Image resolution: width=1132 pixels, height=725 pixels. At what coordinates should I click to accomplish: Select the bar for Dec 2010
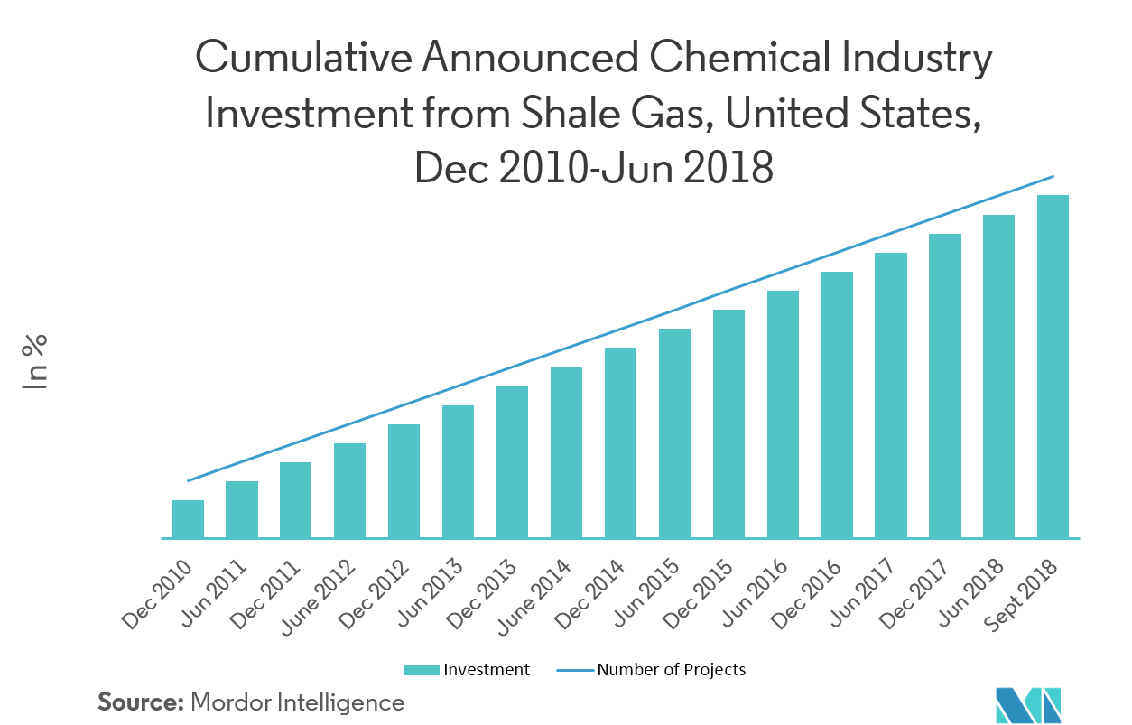188,519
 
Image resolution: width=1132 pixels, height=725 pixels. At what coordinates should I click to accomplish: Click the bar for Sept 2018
1053,367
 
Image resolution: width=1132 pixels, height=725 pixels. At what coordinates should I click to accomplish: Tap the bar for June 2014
566,452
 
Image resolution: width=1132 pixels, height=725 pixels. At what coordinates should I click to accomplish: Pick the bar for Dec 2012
404,481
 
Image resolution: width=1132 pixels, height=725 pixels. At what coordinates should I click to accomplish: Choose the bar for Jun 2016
783,414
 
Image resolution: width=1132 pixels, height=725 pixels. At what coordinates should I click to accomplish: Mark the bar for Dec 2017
944,386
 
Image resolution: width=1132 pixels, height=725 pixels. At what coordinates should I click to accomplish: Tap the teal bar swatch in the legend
422,670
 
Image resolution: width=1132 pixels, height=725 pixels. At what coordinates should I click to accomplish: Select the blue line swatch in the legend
575,670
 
